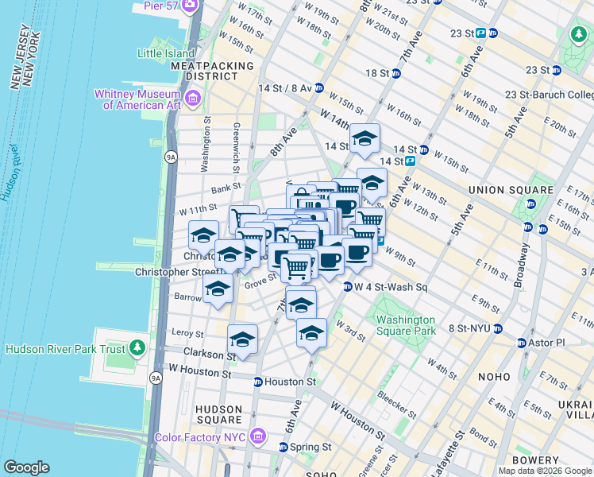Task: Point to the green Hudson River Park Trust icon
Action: tap(137, 348)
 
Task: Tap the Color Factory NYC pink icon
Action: tap(256, 436)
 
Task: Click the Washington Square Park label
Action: tap(406, 325)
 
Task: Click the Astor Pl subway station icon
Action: tap(521, 343)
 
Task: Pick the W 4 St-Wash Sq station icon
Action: tap(348, 287)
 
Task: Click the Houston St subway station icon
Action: tap(257, 382)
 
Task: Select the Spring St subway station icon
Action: tap(283, 447)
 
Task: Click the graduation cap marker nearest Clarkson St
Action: tap(242, 339)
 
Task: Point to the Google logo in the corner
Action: tap(26, 467)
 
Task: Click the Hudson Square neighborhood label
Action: tap(218, 414)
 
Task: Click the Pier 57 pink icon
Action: tap(191, 6)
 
